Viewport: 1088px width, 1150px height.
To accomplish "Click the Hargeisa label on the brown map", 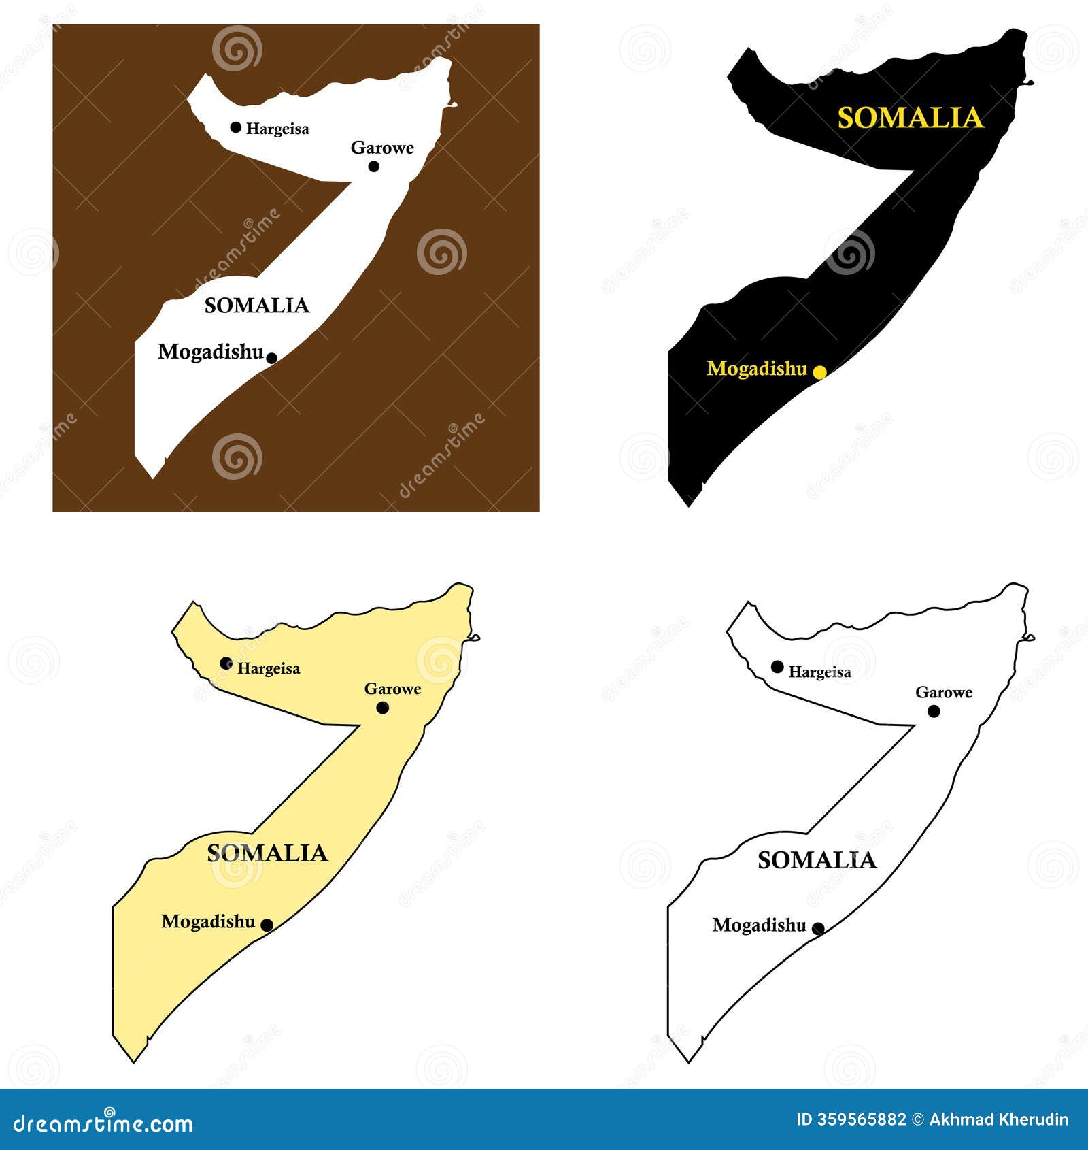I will coord(277,129).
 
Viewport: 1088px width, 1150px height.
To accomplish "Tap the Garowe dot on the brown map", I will coord(373,166).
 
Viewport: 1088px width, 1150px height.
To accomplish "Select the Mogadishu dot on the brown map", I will coord(271,358).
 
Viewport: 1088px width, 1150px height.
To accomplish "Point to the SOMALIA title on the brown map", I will coord(257,306).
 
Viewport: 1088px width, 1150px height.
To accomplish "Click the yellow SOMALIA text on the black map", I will coord(911,118).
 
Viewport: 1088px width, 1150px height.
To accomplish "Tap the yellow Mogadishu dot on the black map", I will coord(820,372).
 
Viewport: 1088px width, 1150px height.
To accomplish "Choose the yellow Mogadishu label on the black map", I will coord(757,369).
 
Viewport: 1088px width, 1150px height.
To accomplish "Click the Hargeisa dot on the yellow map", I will coord(226,663).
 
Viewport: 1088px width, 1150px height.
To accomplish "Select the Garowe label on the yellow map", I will coord(393,689).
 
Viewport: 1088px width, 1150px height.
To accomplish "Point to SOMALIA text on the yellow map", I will coord(267,853).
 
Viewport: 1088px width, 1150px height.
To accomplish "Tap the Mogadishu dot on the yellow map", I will coord(267,925).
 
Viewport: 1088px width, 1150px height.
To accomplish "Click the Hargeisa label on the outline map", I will coord(820,672).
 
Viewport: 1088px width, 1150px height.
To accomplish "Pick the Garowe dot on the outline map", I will coord(934,711).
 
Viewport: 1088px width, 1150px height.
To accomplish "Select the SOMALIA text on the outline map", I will coord(817,860).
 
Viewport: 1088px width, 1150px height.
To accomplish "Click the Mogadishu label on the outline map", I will coord(759,925).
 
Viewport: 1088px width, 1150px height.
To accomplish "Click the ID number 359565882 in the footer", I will coord(851,1119).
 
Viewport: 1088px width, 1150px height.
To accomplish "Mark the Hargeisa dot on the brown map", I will coord(236,127).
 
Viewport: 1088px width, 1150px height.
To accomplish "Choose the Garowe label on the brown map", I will coord(382,148).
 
